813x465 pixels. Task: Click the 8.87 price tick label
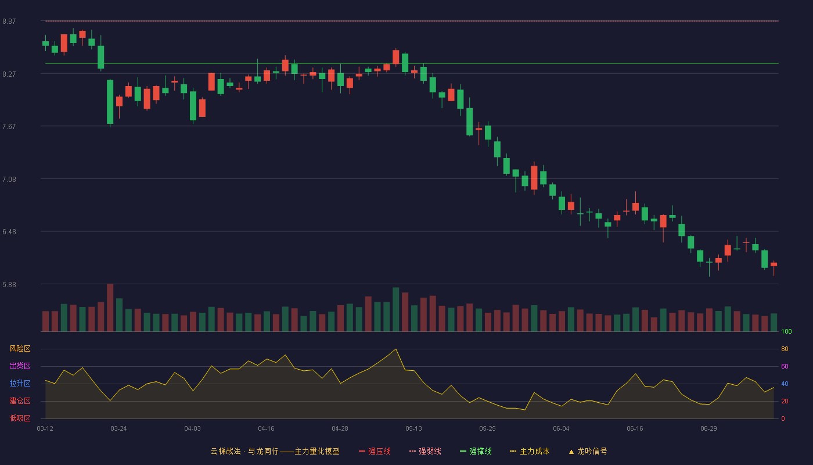point(9,22)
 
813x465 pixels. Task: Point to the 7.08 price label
point(9,180)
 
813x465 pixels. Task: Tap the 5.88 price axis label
point(9,285)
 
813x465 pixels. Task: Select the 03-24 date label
point(118,429)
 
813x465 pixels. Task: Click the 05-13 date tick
point(413,429)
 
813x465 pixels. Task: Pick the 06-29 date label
point(709,429)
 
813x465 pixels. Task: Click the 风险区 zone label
point(20,349)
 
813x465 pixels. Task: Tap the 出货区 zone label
point(20,366)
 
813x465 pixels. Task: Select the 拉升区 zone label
point(20,383)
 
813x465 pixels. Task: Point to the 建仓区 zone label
point(20,400)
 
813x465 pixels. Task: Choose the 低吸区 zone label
point(20,418)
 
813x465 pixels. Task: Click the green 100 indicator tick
point(786,331)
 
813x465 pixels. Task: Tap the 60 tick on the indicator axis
point(785,366)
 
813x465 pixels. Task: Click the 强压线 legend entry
point(375,451)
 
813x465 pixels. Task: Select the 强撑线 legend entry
point(476,451)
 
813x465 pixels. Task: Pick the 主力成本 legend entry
point(530,451)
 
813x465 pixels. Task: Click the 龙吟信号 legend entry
point(588,451)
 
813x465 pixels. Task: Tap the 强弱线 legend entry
point(425,451)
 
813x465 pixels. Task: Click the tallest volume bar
point(110,307)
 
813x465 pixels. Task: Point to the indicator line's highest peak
point(395,349)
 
